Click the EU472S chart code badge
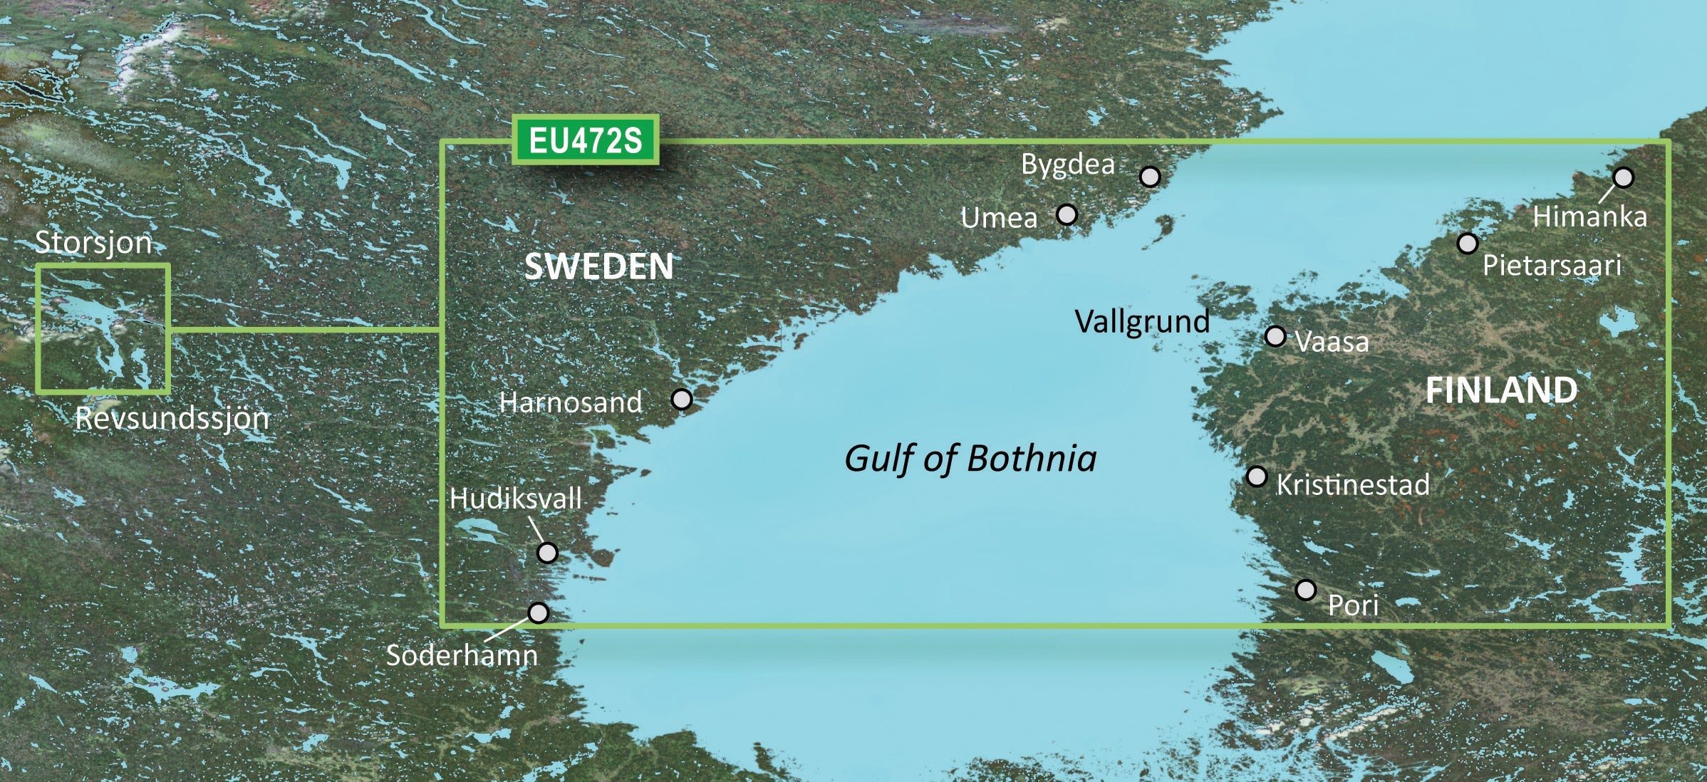pos(585,140)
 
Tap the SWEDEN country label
pos(598,267)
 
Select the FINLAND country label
pos(1501,390)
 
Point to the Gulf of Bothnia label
pos(970,459)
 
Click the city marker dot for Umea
pos(1067,214)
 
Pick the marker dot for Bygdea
pos(1150,177)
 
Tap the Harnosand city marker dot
pos(682,400)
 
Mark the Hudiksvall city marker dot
pos(547,553)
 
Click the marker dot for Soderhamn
pos(539,612)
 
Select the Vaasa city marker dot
pos(1275,336)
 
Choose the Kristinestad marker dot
pos(1257,476)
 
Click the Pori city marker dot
pos(1306,590)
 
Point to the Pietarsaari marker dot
pos(1467,244)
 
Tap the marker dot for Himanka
pos(1623,177)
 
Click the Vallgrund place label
pos(1142,322)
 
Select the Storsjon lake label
pos(94,243)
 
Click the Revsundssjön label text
pos(172,418)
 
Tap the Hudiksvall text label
pos(516,499)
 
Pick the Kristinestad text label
pos(1352,485)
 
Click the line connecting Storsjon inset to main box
pos(305,330)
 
